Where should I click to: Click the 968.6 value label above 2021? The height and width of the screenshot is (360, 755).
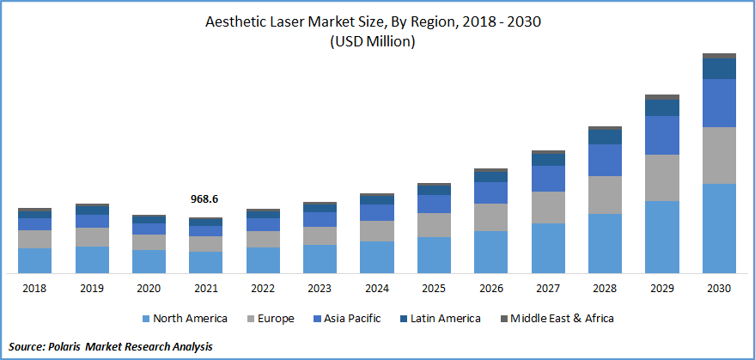[205, 198]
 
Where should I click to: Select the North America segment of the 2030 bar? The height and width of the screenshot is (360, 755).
[719, 228]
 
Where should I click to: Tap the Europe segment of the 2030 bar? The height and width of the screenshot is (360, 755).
[719, 155]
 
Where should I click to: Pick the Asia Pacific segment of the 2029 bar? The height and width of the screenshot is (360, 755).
[662, 135]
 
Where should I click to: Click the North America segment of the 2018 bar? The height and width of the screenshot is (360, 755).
[35, 260]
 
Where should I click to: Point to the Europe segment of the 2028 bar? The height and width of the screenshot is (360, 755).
[605, 195]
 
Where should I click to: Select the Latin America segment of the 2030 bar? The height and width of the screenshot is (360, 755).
[719, 69]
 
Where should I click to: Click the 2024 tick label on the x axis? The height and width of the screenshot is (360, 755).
[377, 289]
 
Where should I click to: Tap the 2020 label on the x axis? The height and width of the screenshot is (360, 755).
[149, 289]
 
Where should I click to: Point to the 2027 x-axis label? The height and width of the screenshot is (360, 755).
[548, 289]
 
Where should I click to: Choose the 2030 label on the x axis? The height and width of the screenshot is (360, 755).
[719, 289]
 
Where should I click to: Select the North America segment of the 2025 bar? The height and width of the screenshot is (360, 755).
[434, 255]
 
